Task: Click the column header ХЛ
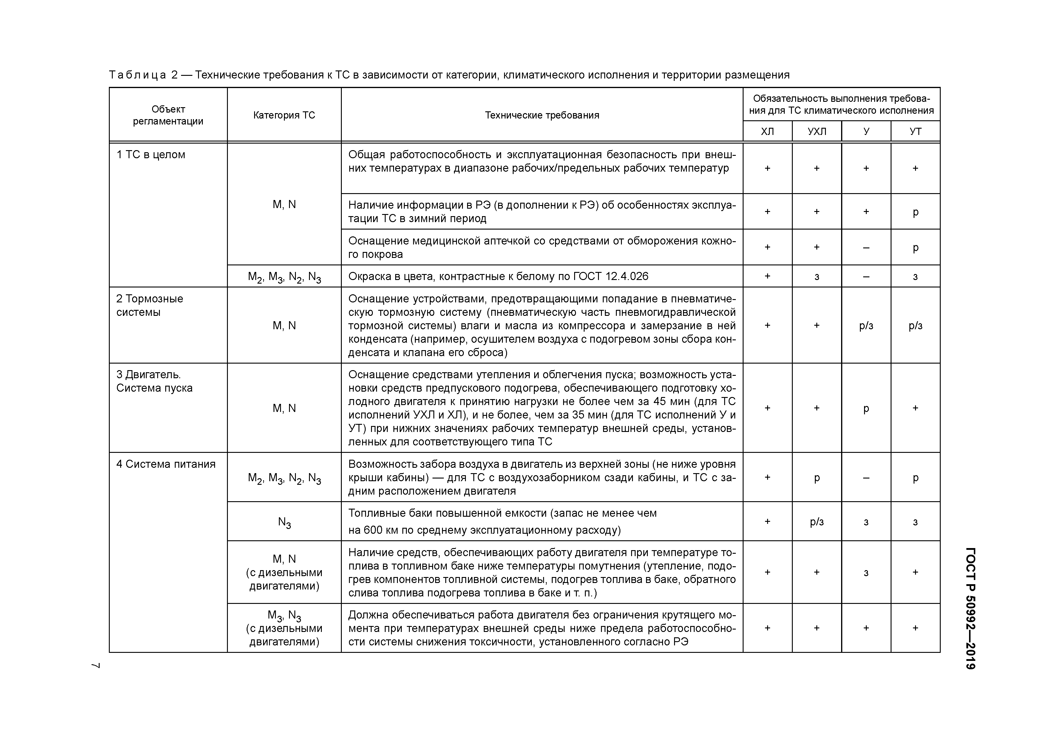[767, 132]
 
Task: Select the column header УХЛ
[816, 132]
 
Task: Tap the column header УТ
[915, 132]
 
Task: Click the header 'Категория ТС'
[284, 115]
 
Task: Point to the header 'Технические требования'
[542, 115]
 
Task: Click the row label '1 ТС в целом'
[151, 155]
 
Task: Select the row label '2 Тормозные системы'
[149, 305]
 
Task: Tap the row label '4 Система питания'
[166, 464]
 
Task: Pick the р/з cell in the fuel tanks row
[816, 521]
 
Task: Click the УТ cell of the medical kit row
[915, 247]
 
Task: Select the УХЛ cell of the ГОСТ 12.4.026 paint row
[816, 277]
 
